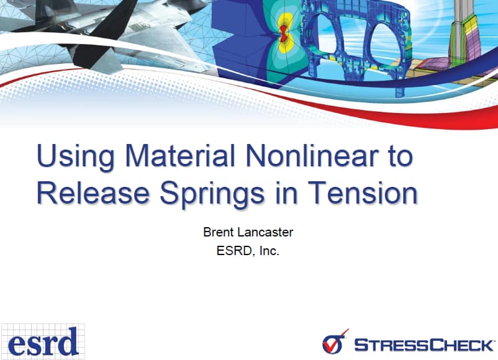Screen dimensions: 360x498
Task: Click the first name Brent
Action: click(217, 233)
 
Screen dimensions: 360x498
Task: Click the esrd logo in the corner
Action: click(43, 341)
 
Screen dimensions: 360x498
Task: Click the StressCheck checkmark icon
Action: click(334, 342)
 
